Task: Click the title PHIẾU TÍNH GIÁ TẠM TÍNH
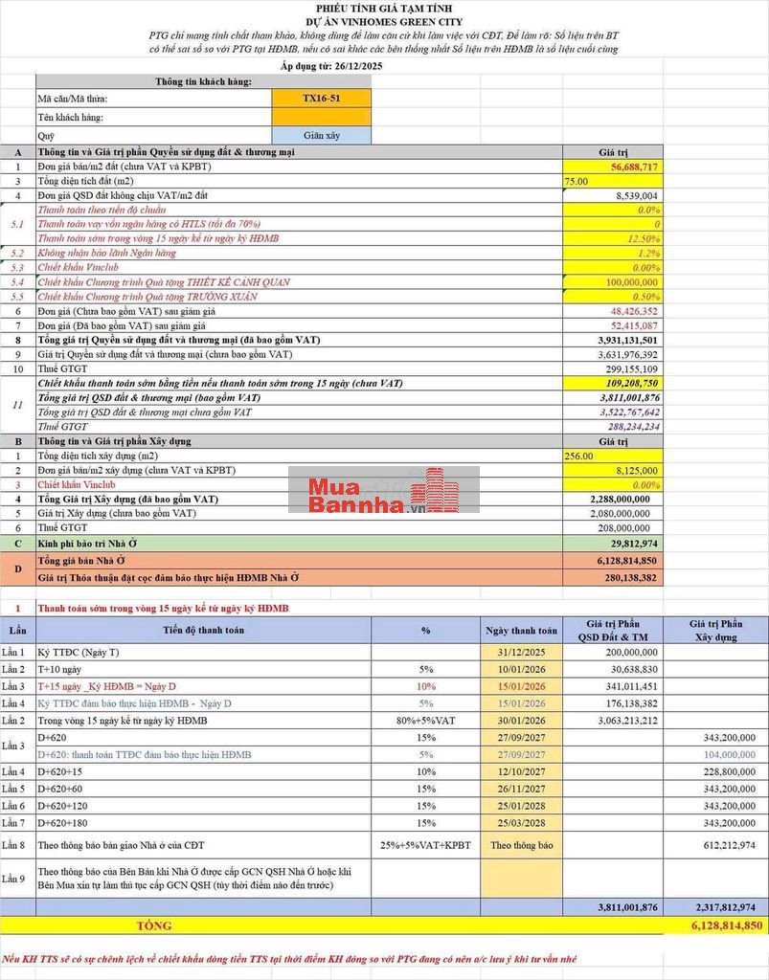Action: (x=384, y=8)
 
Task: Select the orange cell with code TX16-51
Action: (x=321, y=99)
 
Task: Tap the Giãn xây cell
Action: (x=321, y=136)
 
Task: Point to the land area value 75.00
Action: (x=577, y=181)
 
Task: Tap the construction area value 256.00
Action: (x=579, y=456)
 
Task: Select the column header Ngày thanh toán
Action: (x=520, y=631)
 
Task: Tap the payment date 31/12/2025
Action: (x=521, y=652)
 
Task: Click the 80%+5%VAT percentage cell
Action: (x=425, y=721)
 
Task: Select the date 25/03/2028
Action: (x=521, y=823)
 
